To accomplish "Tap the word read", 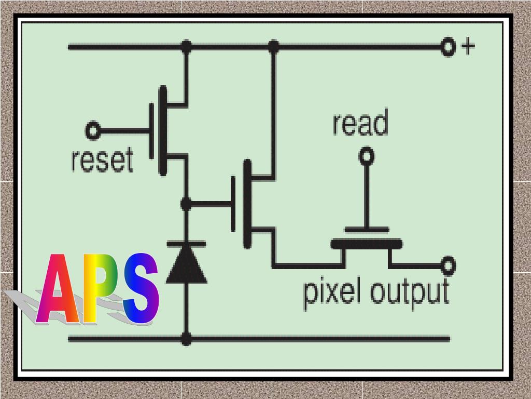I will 360,124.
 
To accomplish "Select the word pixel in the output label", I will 331,292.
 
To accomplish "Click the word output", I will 409,292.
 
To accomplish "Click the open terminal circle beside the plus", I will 448,47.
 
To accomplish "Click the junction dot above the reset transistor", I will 186,47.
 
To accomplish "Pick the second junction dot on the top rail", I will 274,47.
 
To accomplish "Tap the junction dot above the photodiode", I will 186,204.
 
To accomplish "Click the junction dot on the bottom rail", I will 186,339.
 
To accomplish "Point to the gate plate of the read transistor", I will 367,230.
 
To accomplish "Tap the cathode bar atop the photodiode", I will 186,243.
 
